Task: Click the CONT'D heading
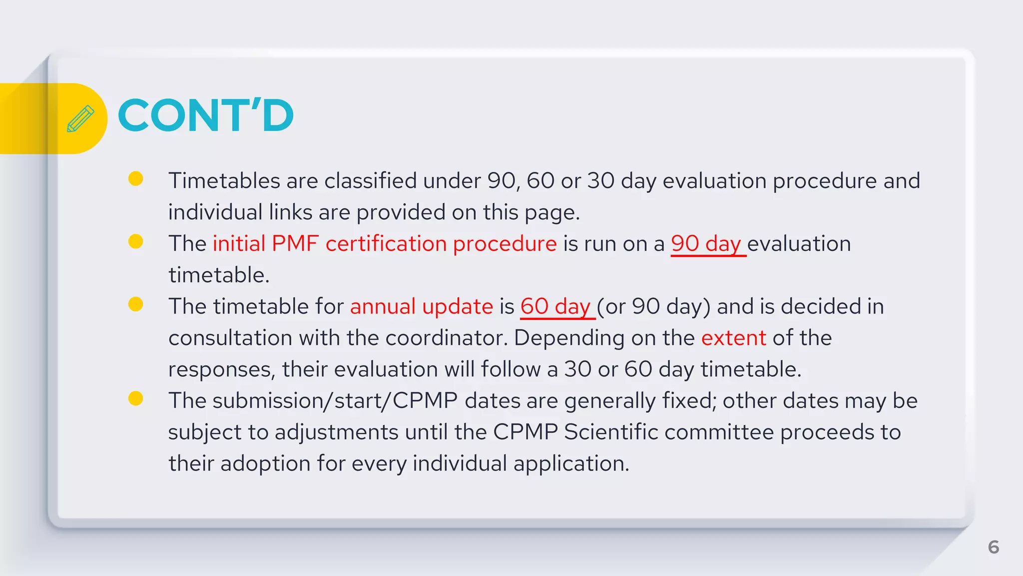click(x=205, y=116)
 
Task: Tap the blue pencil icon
click(x=80, y=118)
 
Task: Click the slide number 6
click(x=993, y=547)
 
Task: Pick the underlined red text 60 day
click(x=556, y=306)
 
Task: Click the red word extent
click(x=733, y=338)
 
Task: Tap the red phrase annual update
click(x=422, y=306)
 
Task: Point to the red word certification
click(x=386, y=244)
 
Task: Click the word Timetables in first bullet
click(x=224, y=181)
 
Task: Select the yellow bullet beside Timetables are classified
click(x=136, y=178)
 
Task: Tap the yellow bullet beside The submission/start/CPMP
click(x=136, y=398)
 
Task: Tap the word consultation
click(x=230, y=338)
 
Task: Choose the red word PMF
click(x=295, y=244)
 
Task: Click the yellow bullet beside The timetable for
click(x=136, y=304)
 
